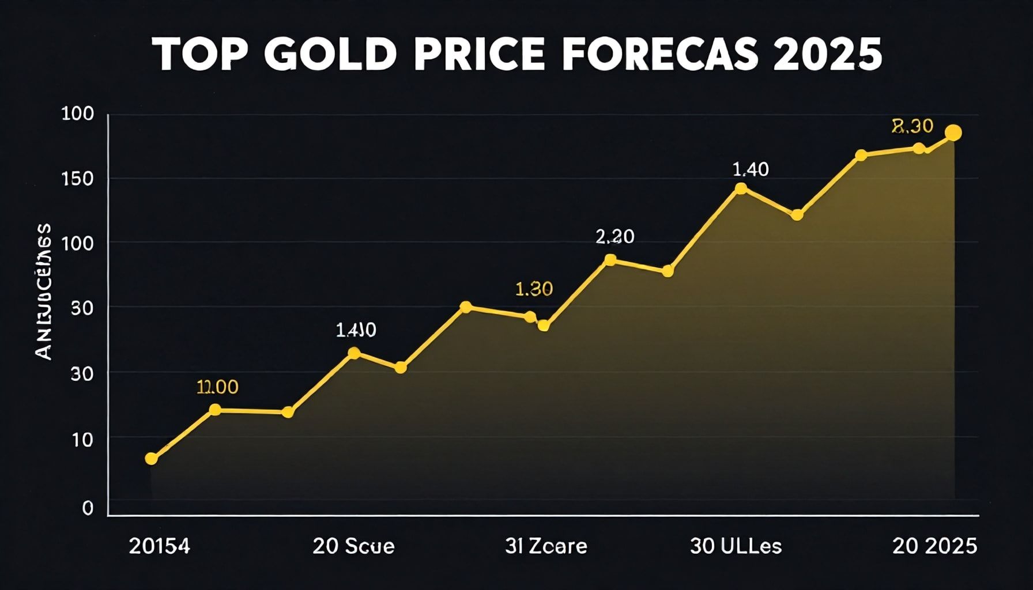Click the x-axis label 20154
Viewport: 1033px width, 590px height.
pyautogui.click(x=159, y=546)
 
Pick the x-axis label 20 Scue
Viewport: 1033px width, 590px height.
pyautogui.click(x=353, y=546)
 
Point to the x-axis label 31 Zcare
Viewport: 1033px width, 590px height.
pyautogui.click(x=546, y=546)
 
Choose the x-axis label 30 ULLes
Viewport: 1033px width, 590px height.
pyautogui.click(x=736, y=546)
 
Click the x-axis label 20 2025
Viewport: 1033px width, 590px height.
pyautogui.click(x=934, y=546)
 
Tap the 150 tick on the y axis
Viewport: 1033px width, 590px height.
pyautogui.click(x=77, y=179)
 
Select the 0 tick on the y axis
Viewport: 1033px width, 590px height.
pyautogui.click(x=88, y=508)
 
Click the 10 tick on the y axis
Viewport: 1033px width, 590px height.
pyautogui.click(x=82, y=440)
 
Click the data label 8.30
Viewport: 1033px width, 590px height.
pyautogui.click(x=912, y=126)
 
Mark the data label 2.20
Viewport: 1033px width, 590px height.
pyautogui.click(x=614, y=236)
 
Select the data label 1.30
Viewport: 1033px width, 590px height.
pyautogui.click(x=534, y=289)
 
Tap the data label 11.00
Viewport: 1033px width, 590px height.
pyautogui.click(x=217, y=387)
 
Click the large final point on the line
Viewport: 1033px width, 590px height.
pyautogui.click(x=953, y=133)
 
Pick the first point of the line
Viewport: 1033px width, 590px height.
pyautogui.click(x=151, y=459)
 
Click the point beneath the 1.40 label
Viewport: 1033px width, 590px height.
pyautogui.click(x=741, y=188)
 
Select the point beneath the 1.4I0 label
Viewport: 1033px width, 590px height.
pyautogui.click(x=355, y=353)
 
